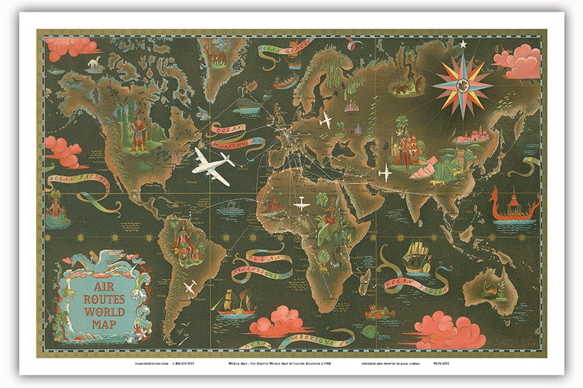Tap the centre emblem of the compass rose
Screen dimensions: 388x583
[x=462, y=85]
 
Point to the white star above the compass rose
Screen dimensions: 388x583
[x=462, y=44]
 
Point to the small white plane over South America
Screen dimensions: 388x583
[x=189, y=286]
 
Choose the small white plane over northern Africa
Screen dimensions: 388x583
[x=301, y=203]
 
